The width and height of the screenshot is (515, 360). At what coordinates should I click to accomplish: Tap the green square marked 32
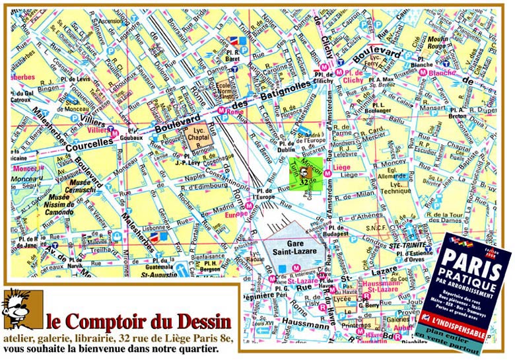306,175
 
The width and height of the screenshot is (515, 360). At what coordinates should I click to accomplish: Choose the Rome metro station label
234,111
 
